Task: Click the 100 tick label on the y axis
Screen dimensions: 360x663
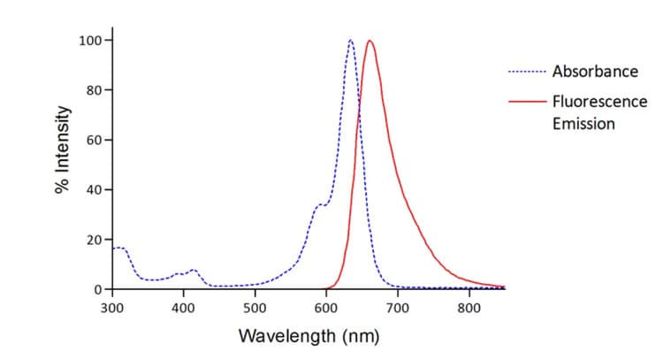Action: tap(88, 41)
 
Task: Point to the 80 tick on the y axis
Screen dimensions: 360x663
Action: tap(92, 90)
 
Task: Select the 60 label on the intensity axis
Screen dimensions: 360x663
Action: tap(92, 141)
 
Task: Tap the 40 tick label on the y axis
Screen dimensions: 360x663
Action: tap(92, 190)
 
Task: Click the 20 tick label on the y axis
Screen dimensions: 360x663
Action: tap(92, 240)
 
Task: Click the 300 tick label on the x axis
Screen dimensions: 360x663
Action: tap(112, 309)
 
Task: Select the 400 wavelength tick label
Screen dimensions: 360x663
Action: tap(183, 309)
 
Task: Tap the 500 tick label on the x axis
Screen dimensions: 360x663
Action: tap(255, 309)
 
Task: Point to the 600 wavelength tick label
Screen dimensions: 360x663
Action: tap(326, 309)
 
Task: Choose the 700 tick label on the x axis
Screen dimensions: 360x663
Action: tap(398, 309)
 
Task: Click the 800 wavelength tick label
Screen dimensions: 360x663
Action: tap(469, 309)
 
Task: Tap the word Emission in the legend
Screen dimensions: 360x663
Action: tap(583, 123)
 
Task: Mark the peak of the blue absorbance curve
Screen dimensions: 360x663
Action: tap(351, 41)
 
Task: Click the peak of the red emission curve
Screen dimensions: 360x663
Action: tap(370, 41)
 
